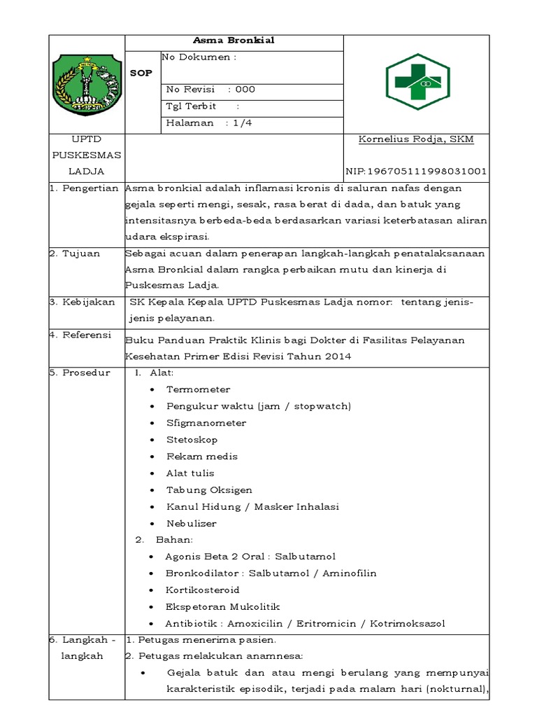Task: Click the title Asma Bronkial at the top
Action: [x=234, y=41]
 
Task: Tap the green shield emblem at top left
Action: [x=87, y=83]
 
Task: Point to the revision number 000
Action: [x=245, y=90]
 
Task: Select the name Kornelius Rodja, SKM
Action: [x=416, y=139]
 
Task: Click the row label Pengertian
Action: [x=89, y=188]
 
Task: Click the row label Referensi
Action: [x=85, y=335]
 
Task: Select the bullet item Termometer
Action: [x=198, y=389]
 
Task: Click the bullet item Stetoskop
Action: [x=192, y=440]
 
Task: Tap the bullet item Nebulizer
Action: [x=191, y=523]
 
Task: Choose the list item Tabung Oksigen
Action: [x=209, y=490]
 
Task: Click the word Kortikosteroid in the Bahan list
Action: [x=202, y=590]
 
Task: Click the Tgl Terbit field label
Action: [x=191, y=106]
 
